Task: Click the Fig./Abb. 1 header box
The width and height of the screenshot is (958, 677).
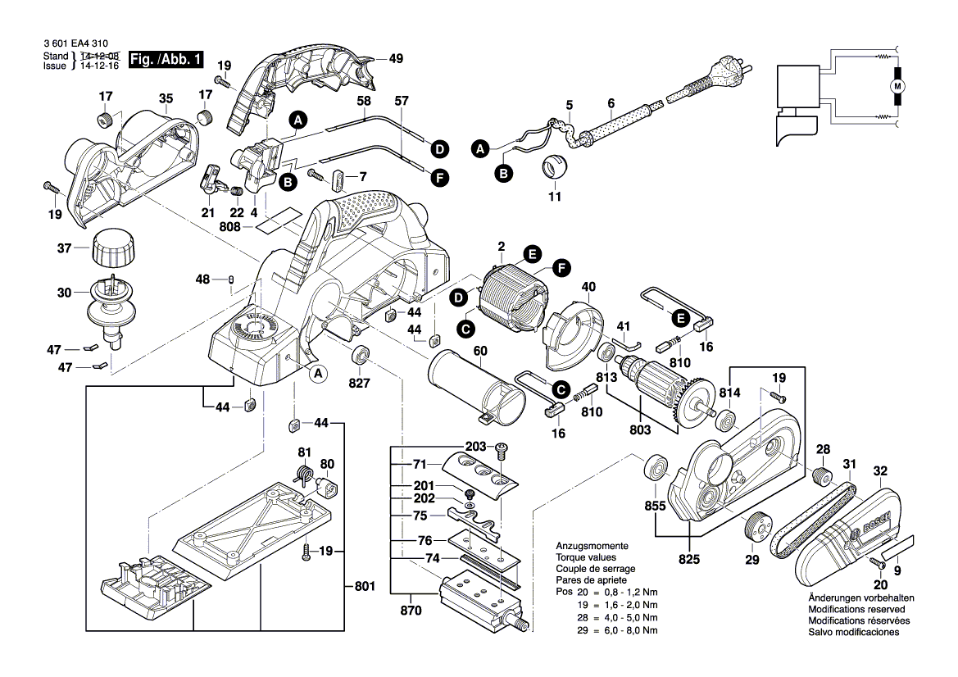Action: point(166,59)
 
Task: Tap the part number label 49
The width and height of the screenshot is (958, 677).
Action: point(396,59)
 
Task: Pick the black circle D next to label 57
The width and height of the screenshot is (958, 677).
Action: point(440,149)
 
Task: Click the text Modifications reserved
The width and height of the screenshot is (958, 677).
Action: point(856,610)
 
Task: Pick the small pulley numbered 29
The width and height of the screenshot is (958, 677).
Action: point(755,527)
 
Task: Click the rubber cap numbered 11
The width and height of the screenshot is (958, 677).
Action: point(555,166)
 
